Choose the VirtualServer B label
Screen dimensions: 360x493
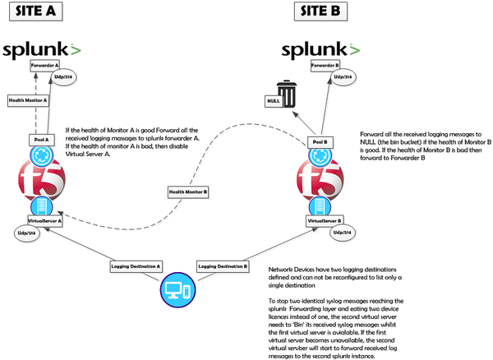(325, 221)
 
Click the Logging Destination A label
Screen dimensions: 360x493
(136, 266)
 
